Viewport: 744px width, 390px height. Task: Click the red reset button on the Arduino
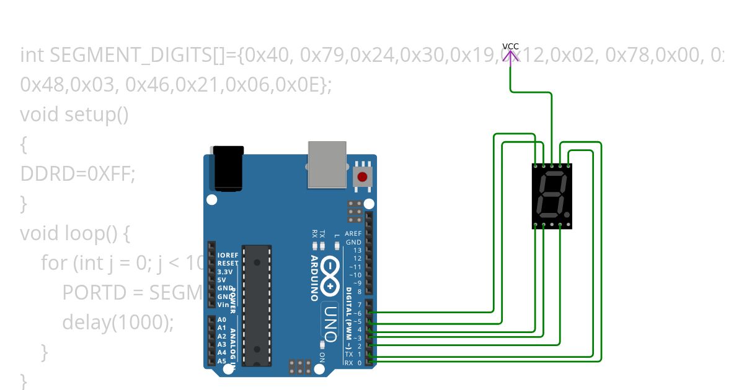[363, 177]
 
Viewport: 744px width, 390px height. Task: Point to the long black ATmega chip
[257, 305]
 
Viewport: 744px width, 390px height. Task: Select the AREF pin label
[353, 234]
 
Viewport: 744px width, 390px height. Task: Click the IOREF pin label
[228, 255]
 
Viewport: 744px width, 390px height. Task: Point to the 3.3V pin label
[225, 272]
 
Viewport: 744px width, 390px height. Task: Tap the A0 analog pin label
[222, 319]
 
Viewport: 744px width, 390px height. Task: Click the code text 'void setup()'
[74, 115]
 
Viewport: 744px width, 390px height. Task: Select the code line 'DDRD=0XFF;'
[77, 174]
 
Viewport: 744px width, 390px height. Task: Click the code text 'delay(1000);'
[118, 322]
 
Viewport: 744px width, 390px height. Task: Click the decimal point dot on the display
[567, 214]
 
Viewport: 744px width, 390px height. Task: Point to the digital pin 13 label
[356, 250]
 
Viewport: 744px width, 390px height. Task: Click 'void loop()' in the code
[76, 233]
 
